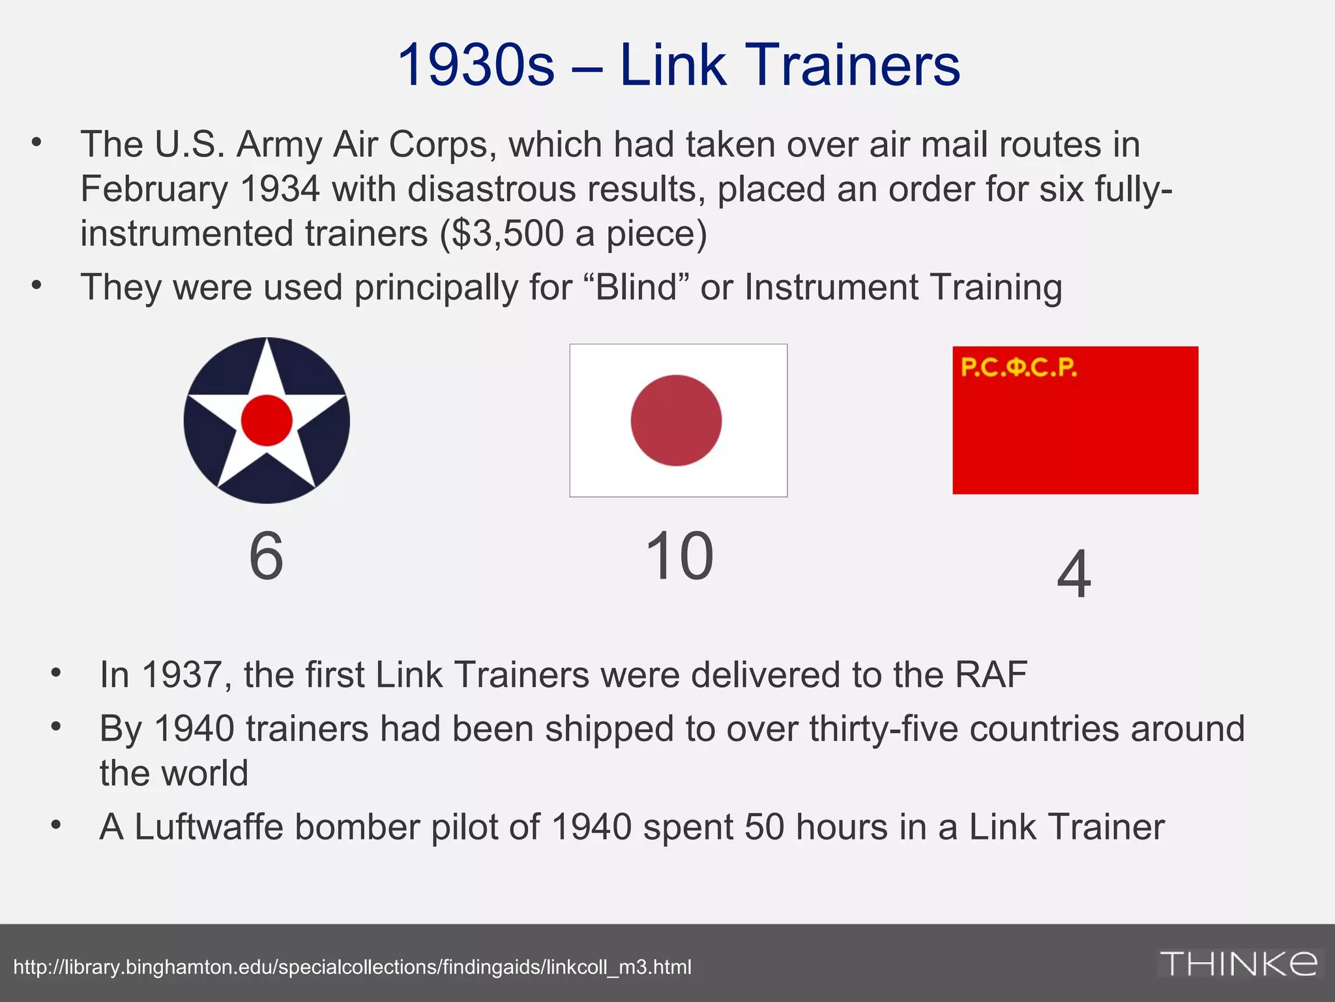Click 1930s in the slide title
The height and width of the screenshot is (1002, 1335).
(476, 65)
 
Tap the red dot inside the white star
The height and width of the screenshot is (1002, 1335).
(267, 421)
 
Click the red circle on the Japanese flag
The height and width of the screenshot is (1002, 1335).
(676, 420)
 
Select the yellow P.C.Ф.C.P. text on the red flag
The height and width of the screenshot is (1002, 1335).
(1018, 368)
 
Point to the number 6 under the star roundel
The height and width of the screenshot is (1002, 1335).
(267, 556)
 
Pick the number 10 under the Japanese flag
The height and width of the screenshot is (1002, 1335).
(679, 556)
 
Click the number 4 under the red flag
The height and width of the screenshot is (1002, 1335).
(1074, 575)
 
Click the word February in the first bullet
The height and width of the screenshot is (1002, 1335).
(154, 189)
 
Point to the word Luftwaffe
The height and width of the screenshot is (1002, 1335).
(209, 827)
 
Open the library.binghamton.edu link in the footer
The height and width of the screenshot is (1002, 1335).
(352, 967)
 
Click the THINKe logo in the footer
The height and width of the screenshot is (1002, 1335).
(1238, 964)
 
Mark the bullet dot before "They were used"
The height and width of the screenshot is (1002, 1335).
(37, 285)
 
